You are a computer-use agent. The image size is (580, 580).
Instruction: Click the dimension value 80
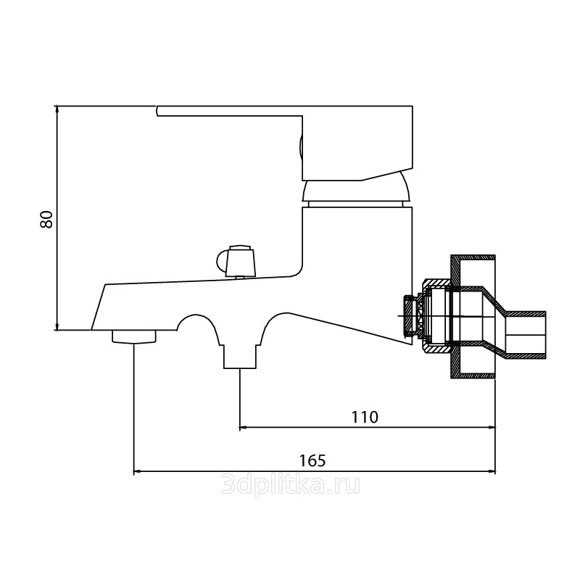tap(46, 220)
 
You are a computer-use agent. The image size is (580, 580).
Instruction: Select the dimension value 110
tap(365, 417)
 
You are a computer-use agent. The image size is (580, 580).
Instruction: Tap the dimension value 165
tap(312, 461)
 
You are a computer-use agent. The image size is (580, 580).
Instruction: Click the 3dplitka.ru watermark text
tap(290, 485)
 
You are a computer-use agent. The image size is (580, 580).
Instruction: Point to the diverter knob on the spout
tap(236, 260)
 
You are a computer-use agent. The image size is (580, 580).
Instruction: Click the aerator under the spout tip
tap(134, 337)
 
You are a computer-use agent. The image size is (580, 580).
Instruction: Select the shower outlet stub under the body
tap(240, 357)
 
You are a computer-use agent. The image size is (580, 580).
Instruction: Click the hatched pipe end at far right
tap(526, 335)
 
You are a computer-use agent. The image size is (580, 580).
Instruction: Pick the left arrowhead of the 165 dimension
tap(137, 471)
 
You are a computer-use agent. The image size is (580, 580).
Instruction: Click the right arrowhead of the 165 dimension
tap(492, 471)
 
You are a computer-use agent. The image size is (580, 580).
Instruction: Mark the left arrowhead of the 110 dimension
tap(244, 428)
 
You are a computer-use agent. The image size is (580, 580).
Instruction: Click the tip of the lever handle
tap(157, 111)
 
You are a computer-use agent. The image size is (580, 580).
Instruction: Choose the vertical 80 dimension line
tap(57, 218)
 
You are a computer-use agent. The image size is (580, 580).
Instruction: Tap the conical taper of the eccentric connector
tap(494, 323)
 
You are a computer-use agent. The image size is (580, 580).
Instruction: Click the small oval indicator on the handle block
tap(301, 151)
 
